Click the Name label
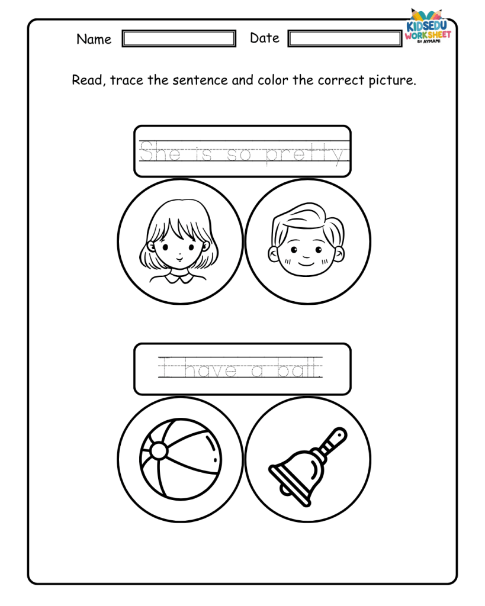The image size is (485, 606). (x=94, y=39)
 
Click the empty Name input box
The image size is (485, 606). (x=179, y=38)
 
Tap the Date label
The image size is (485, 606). (x=265, y=38)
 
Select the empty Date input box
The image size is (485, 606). (x=345, y=38)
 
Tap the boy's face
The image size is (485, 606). (x=306, y=251)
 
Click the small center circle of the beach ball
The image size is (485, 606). (x=159, y=450)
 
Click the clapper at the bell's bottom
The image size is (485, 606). (x=285, y=490)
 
